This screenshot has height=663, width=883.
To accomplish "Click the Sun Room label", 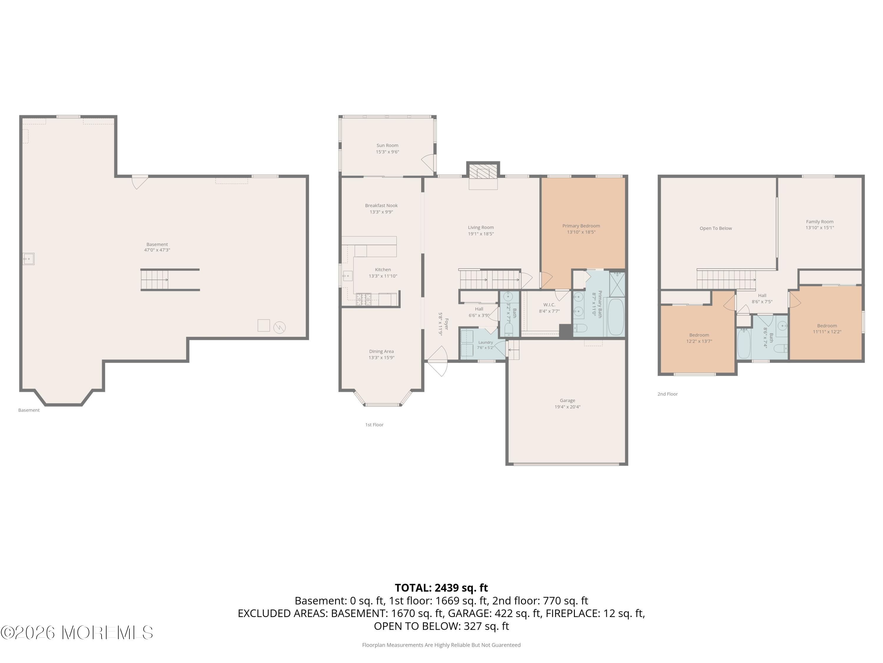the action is coord(387,146).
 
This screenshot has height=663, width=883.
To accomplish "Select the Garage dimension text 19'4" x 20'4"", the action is coord(567,407).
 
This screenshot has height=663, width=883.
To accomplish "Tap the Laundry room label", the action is coord(485,342).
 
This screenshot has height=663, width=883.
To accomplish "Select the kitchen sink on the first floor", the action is coord(348,276).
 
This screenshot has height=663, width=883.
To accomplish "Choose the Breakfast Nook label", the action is coord(381,205).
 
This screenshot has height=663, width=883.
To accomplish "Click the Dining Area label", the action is coord(381,352).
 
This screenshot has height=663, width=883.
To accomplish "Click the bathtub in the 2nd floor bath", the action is coord(744,344).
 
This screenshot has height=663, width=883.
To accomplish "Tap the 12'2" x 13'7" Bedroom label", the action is coord(699,335).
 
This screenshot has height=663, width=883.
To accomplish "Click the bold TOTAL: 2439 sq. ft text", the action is coord(441,588).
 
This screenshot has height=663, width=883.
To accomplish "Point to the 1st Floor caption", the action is coord(374,425).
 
